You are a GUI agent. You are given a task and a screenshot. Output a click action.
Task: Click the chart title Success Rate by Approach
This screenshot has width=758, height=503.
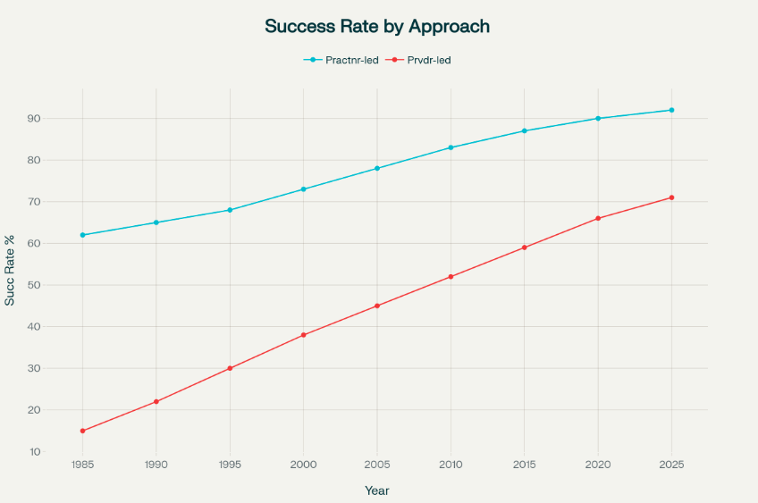(x=377, y=27)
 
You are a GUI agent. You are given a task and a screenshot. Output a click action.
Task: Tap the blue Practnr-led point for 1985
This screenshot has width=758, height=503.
(x=82, y=235)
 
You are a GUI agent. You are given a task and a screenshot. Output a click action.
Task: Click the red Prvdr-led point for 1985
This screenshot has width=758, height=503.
(x=82, y=431)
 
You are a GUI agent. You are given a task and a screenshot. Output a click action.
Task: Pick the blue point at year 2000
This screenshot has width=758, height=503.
(x=304, y=189)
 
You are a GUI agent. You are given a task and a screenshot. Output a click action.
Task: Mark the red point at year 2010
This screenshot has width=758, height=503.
(x=451, y=277)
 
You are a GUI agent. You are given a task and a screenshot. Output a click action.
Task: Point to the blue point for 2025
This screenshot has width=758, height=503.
(x=671, y=110)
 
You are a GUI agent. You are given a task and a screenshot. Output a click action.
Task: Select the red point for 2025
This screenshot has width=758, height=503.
(x=671, y=197)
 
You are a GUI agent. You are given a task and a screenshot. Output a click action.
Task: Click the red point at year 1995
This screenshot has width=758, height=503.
(x=230, y=368)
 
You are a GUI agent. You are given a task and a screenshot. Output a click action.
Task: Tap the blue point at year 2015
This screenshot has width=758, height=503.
(x=525, y=131)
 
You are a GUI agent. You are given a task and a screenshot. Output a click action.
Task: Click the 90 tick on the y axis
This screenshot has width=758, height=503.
(x=59, y=119)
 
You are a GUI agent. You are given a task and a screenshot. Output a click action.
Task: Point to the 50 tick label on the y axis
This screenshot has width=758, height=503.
(x=59, y=285)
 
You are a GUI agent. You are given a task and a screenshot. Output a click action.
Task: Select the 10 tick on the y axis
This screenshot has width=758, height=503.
(x=59, y=452)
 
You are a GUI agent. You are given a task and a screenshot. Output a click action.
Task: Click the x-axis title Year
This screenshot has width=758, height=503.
(x=377, y=490)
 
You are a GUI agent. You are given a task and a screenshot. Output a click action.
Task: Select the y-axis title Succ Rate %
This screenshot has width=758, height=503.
(x=10, y=271)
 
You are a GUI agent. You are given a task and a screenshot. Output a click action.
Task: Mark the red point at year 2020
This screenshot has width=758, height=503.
(x=598, y=218)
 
